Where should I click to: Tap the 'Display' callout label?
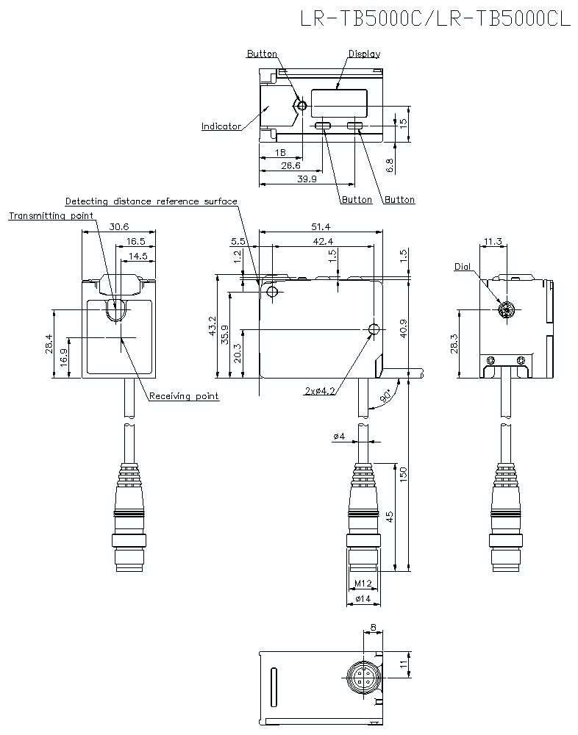coord(364,54)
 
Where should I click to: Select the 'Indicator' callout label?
coord(221,126)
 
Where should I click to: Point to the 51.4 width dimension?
coord(321,227)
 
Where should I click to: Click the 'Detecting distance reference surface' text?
coord(151,201)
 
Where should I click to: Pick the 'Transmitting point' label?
coord(51,216)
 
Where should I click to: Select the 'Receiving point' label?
coord(184,396)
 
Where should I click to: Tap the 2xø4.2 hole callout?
coord(320,391)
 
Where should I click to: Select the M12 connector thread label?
coord(363,584)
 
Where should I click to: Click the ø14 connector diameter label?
coord(362,600)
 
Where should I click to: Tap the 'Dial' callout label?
coord(462,267)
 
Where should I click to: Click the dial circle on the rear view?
coord(505,311)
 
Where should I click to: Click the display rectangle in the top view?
coord(338,101)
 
